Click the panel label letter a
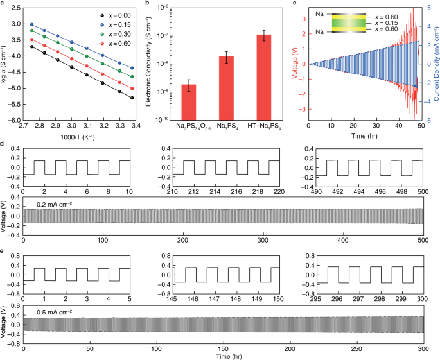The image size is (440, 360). tap(3, 4)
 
